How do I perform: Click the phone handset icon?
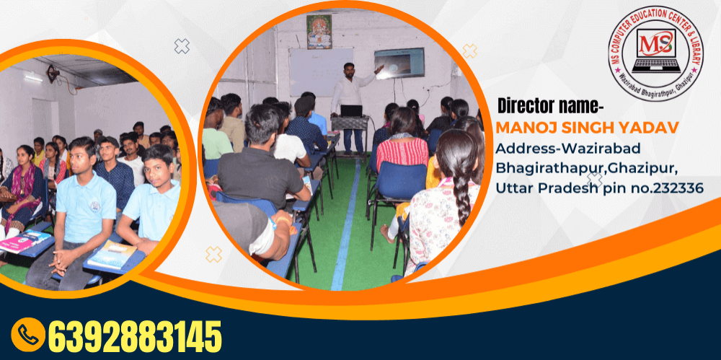pyautogui.click(x=28, y=335)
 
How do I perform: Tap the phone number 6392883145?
pyautogui.click(x=135, y=336)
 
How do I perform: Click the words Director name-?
pyautogui.click(x=550, y=107)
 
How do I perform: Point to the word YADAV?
pyautogui.click(x=654, y=127)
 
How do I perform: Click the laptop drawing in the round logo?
pyautogui.click(x=656, y=51)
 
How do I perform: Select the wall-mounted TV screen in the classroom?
pyautogui.click(x=399, y=63)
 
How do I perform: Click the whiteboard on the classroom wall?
pyautogui.click(x=321, y=72)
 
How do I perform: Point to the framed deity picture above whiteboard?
pyautogui.click(x=319, y=31)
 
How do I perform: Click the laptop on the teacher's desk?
pyautogui.click(x=352, y=111)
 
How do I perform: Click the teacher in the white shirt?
pyautogui.click(x=351, y=106)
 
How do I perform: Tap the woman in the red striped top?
pyautogui.click(x=402, y=143)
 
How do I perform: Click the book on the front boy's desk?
pyautogui.click(x=112, y=255)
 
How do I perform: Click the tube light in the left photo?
pyautogui.click(x=34, y=78)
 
